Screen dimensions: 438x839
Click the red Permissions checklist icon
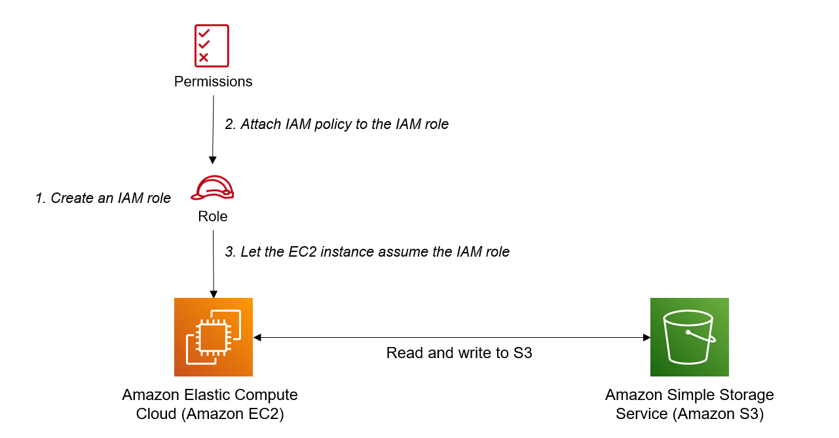(212, 46)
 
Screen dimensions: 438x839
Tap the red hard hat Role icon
(212, 188)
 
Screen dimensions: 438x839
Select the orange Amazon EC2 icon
(214, 337)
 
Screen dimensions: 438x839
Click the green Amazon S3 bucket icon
(689, 337)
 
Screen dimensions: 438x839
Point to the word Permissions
(213, 82)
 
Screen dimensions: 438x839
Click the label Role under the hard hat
(213, 217)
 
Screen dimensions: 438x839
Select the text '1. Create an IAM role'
(103, 198)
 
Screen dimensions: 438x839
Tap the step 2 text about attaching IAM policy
(337, 124)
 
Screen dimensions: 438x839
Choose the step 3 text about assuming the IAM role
(367, 251)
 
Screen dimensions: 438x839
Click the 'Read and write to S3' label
(459, 354)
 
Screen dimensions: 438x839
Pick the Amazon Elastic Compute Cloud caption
(210, 405)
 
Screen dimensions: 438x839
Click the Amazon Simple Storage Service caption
(689, 405)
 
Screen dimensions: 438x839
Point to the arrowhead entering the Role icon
(212, 160)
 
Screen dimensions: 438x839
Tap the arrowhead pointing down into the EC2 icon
(212, 293)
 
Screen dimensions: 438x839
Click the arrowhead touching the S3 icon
(646, 337)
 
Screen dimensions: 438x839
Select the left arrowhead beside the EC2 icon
(257, 337)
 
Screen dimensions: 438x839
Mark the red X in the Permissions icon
(204, 58)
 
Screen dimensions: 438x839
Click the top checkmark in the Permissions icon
(204, 33)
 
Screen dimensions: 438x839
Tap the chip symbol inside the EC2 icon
(213, 338)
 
